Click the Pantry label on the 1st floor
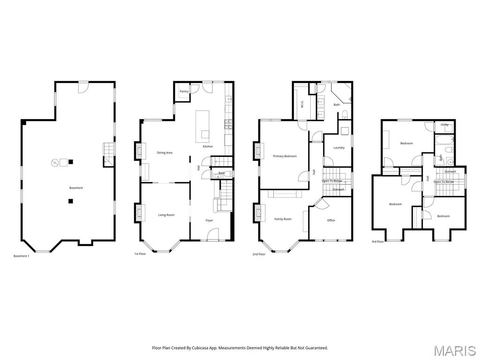(184, 91)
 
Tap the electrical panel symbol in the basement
(54, 163)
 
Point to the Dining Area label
(165, 153)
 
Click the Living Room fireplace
(139, 213)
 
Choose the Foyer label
(209, 220)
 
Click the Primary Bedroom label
(285, 156)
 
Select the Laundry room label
(338, 148)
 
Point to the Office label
(331, 220)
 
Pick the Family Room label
(283, 219)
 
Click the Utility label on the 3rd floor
(444, 125)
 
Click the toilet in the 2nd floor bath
(345, 114)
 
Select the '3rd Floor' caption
(377, 241)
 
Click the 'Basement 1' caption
(21, 256)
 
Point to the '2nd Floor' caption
(259, 254)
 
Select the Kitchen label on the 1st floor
(208, 146)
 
